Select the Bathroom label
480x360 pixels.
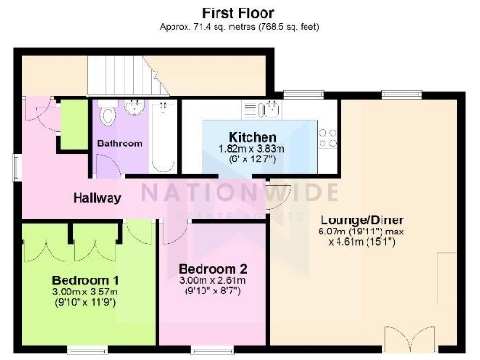[119, 143]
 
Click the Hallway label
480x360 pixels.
[97, 198]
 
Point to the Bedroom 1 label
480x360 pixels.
[85, 279]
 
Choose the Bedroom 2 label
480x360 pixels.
[213, 268]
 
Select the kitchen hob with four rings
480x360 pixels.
[328, 138]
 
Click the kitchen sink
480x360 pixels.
[271, 110]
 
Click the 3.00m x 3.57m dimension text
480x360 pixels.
[85, 292]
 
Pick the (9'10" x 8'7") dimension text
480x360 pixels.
[213, 291]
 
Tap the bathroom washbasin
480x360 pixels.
[135, 110]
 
